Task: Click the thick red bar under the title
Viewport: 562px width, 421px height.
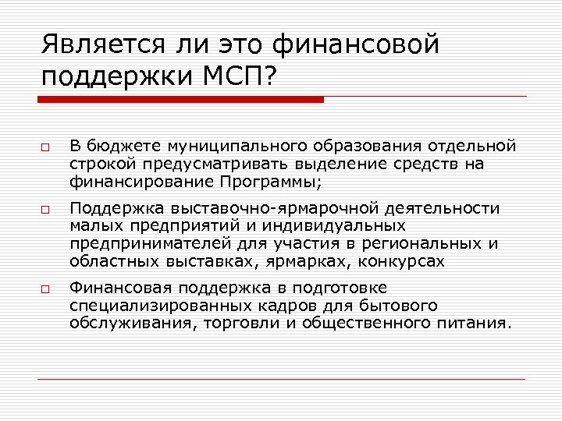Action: pos(181,100)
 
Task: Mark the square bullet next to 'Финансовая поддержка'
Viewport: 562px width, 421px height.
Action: pos(45,289)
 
